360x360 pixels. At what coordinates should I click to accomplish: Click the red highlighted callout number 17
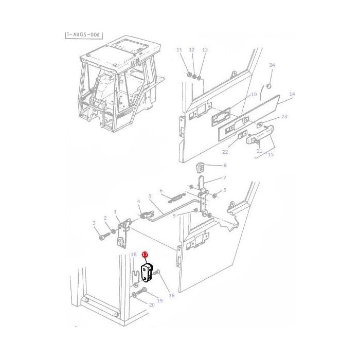tap(145, 255)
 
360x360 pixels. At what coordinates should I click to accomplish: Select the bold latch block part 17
tap(148, 272)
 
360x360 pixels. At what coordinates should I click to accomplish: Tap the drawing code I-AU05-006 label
tap(84, 34)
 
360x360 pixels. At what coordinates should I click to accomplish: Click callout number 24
tap(272, 65)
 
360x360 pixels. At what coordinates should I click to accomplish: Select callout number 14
tap(292, 94)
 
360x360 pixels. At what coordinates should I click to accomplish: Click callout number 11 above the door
tap(179, 50)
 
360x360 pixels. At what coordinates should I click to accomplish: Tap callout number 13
tap(205, 50)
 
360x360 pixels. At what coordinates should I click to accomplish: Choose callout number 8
tap(224, 166)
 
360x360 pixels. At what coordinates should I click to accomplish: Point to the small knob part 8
tap(202, 167)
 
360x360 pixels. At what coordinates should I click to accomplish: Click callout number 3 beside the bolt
tap(94, 223)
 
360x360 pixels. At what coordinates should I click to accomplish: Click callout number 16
tap(171, 296)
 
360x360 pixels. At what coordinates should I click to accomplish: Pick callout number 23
tap(284, 117)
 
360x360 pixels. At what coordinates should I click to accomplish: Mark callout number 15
tap(271, 154)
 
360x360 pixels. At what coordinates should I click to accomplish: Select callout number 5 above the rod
tap(150, 196)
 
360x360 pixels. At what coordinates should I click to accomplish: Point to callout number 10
tap(254, 95)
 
